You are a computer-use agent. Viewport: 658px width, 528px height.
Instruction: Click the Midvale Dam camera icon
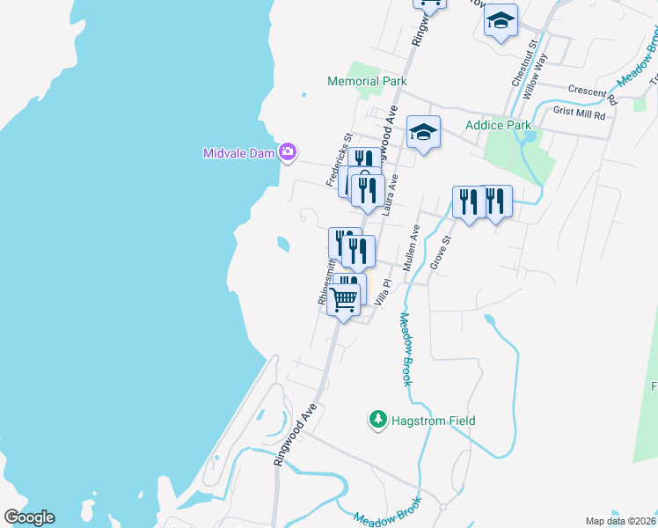click(287, 153)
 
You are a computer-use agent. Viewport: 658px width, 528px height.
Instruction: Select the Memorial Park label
click(368, 81)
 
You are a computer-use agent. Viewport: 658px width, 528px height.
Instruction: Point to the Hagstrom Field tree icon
click(378, 421)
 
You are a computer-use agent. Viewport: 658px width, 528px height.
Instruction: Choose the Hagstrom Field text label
click(434, 422)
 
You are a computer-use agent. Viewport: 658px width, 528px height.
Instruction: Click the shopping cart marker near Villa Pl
click(344, 299)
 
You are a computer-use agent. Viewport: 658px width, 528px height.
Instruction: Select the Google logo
click(29, 517)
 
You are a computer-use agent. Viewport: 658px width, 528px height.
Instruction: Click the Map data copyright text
click(619, 521)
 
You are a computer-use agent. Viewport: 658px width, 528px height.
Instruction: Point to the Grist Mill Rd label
click(580, 114)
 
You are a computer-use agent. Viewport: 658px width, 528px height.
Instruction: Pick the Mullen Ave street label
click(412, 247)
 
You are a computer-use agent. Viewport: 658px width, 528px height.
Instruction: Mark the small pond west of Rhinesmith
click(282, 244)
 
